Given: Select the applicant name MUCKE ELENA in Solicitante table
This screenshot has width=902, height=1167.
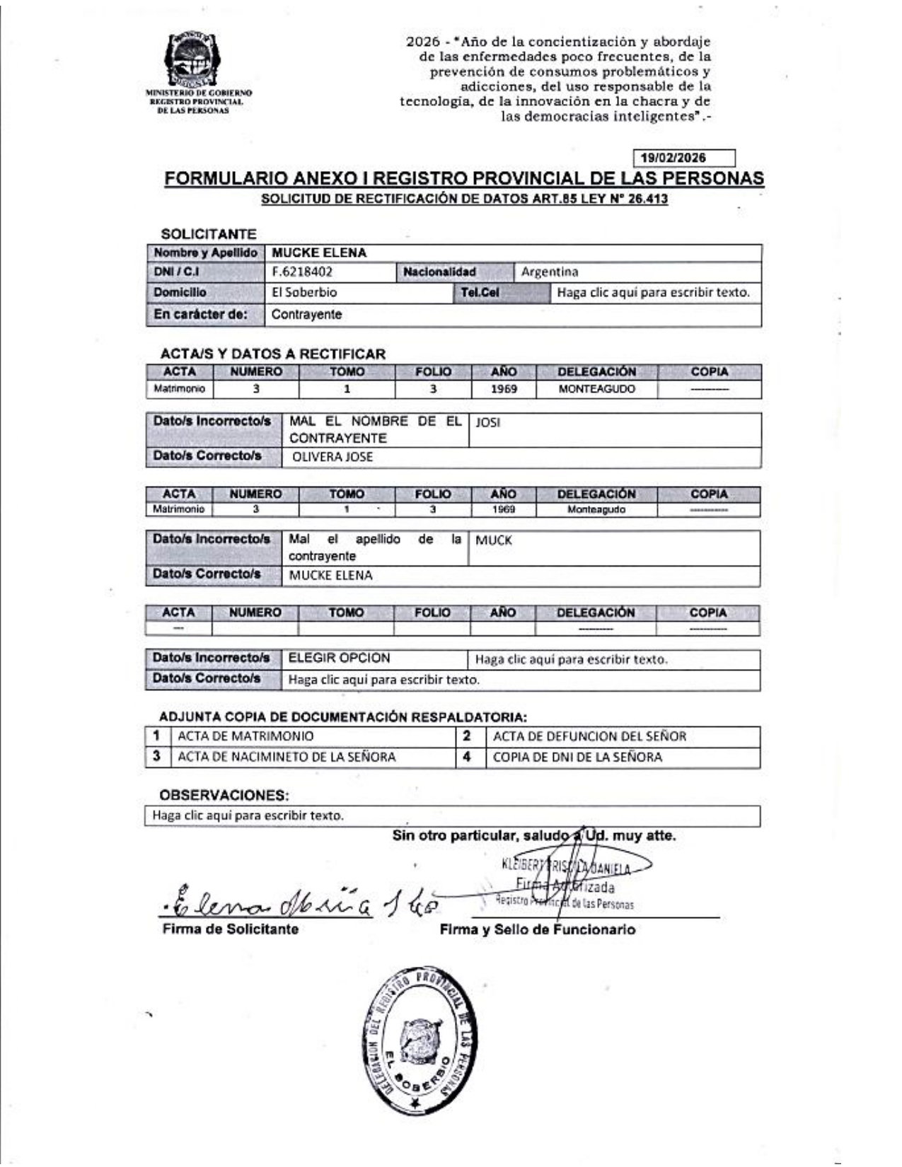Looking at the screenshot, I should coord(319,253).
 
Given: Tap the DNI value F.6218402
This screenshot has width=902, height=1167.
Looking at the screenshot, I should coord(302,272).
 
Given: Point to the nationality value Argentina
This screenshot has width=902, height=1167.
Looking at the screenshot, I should coord(550,272).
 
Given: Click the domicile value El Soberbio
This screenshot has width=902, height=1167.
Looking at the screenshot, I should coord(304,292).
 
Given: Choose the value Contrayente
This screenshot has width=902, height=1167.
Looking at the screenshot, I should coord(306,315).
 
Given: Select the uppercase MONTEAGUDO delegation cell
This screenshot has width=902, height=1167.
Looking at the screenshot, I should coord(596,389).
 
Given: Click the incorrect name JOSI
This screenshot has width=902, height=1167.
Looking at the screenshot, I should coord(487,423).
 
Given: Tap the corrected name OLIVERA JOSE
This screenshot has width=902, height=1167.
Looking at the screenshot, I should coord(332,457).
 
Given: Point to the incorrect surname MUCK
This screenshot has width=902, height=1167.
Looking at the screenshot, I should coord(493,541).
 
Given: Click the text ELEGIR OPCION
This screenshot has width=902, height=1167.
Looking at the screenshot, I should coord(339,658).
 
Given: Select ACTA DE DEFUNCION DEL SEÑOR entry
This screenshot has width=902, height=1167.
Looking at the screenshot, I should coord(589,736).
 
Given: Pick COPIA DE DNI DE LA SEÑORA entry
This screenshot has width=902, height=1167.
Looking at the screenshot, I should coord(577,757).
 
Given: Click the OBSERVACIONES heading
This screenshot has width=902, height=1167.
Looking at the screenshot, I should coord(224,795).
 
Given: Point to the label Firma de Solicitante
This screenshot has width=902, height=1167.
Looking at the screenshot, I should coord(230,929).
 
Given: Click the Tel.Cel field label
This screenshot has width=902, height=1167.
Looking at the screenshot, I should coord(480,292).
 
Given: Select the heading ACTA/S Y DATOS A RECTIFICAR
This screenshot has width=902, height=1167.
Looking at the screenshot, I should coord(273,354).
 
